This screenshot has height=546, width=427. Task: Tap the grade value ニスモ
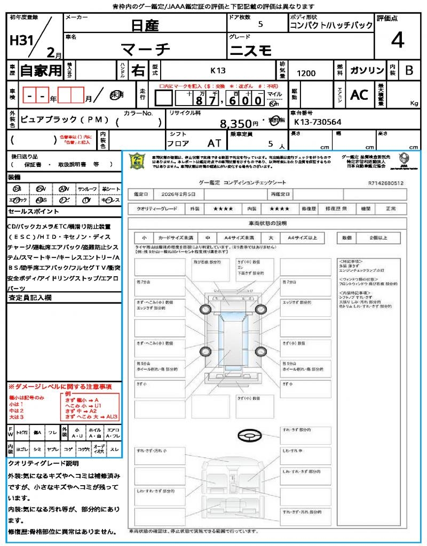pyautogui.click(x=251, y=51)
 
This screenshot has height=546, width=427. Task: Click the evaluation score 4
pyautogui.click(x=397, y=41)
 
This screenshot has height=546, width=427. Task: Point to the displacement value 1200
pyautogui.click(x=306, y=74)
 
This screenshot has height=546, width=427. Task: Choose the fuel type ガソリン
pyautogui.click(x=367, y=70)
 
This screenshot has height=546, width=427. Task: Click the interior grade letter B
pyautogui.click(x=408, y=70)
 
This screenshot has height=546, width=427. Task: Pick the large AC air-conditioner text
pyautogui.click(x=359, y=95)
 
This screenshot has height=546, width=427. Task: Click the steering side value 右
pyautogui.click(x=138, y=70)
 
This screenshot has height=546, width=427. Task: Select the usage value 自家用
pyautogui.click(x=41, y=70)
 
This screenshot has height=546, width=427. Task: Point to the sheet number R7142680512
pyautogui.click(x=385, y=183)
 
